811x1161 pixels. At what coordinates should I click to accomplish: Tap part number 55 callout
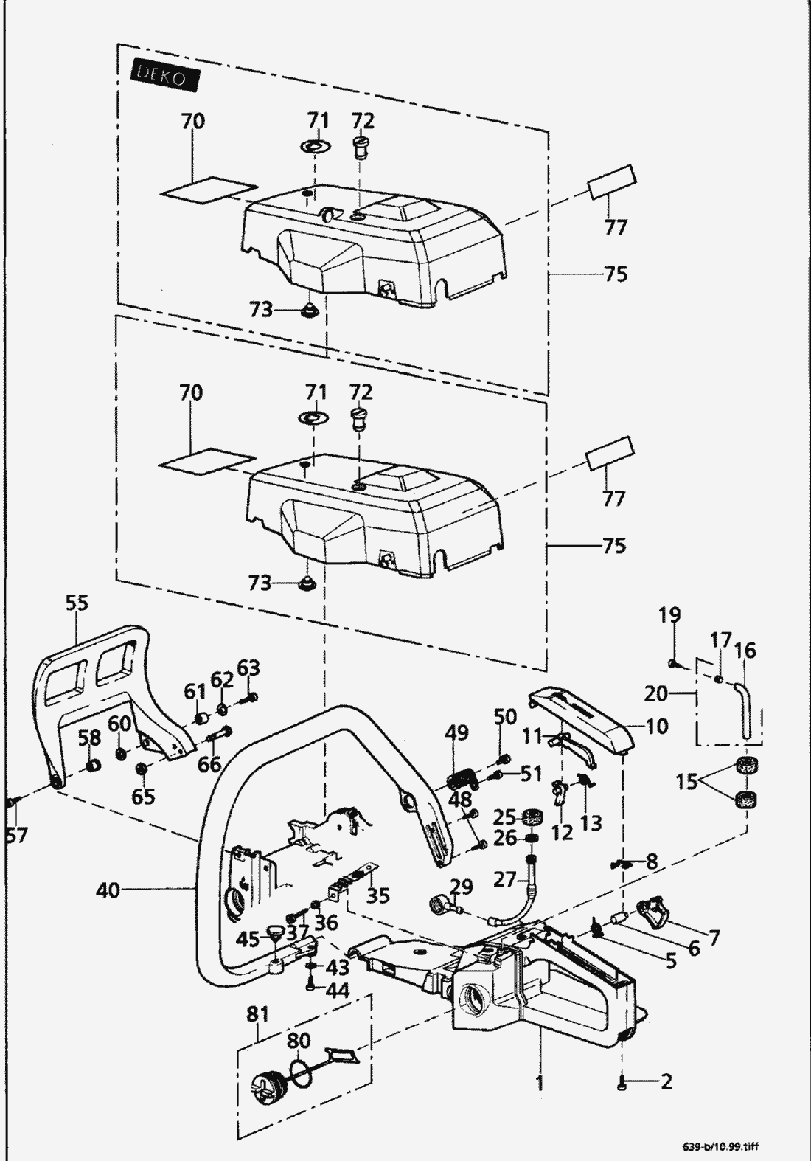[x=77, y=603]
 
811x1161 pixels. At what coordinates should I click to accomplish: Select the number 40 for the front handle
[x=107, y=890]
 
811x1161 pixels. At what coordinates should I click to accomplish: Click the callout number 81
[x=257, y=1014]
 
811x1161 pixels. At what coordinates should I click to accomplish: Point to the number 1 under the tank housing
[x=539, y=1082]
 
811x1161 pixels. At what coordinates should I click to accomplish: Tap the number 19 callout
[x=669, y=615]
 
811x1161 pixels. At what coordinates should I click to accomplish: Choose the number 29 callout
[x=460, y=886]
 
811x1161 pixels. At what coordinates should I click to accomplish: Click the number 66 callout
[x=209, y=764]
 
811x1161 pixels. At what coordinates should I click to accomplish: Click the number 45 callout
[x=248, y=939]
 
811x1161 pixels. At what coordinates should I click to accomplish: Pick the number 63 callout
[x=248, y=669]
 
